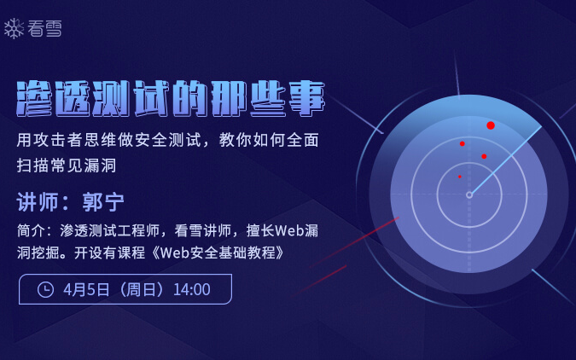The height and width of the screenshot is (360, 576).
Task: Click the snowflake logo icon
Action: tap(15, 29)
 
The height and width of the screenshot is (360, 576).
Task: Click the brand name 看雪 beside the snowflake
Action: tap(44, 29)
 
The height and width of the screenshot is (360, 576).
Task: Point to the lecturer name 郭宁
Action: tap(103, 202)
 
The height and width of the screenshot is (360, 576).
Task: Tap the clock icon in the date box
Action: tap(46, 289)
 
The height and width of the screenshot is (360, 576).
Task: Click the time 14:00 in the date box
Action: tap(191, 289)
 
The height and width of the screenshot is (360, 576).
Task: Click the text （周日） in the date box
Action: tap(141, 289)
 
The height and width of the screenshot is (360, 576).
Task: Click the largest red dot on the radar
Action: tap(491, 125)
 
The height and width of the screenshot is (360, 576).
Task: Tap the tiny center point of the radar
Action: tap(468, 195)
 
